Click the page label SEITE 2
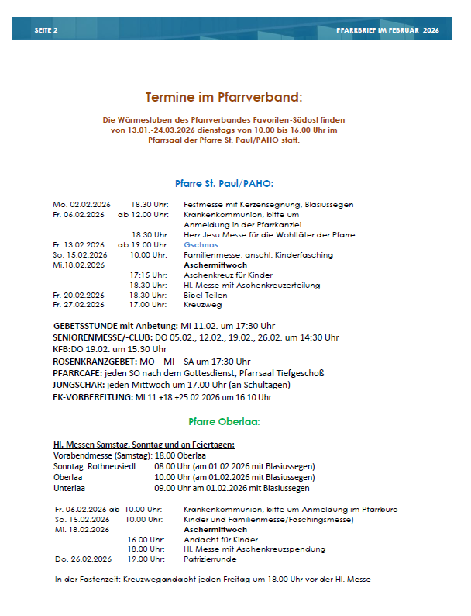(46, 29)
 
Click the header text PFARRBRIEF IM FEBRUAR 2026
(387, 29)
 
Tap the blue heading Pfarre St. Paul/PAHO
(224, 183)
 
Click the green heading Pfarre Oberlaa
(224, 422)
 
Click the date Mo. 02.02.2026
(78, 205)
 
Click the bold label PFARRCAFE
(79, 372)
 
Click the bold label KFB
(62, 349)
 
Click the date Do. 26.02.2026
(83, 559)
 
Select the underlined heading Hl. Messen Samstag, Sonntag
(143, 445)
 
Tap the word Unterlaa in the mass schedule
(70, 488)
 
